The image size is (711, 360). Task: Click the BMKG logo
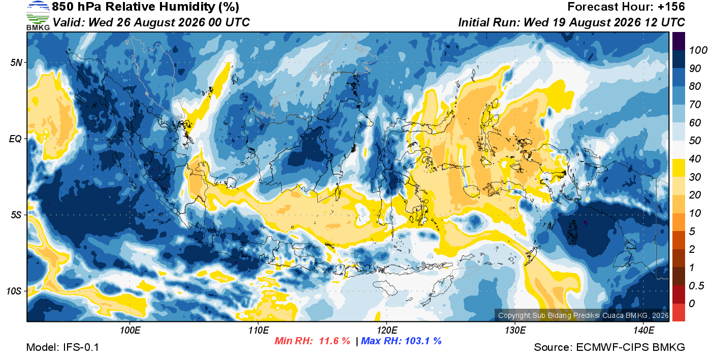click(x=38, y=15)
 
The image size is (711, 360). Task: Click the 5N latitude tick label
click(x=16, y=62)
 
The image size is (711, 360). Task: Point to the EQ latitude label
click(x=16, y=139)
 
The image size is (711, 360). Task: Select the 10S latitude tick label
click(x=14, y=291)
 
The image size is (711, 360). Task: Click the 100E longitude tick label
click(x=130, y=330)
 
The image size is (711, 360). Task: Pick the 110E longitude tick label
click(x=258, y=330)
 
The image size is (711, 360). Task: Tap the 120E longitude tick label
click(x=387, y=330)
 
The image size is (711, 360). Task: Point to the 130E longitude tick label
click(x=515, y=330)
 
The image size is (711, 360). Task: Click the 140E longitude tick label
click(x=644, y=330)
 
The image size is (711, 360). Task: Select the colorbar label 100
click(x=698, y=50)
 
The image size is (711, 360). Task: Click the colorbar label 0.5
click(x=696, y=286)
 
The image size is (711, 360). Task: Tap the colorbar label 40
click(x=695, y=159)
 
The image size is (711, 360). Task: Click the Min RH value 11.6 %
click(x=335, y=341)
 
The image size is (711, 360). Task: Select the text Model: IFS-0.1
click(x=62, y=347)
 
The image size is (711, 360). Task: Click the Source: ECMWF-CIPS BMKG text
click(x=609, y=347)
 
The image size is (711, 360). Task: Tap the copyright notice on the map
click(x=584, y=315)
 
